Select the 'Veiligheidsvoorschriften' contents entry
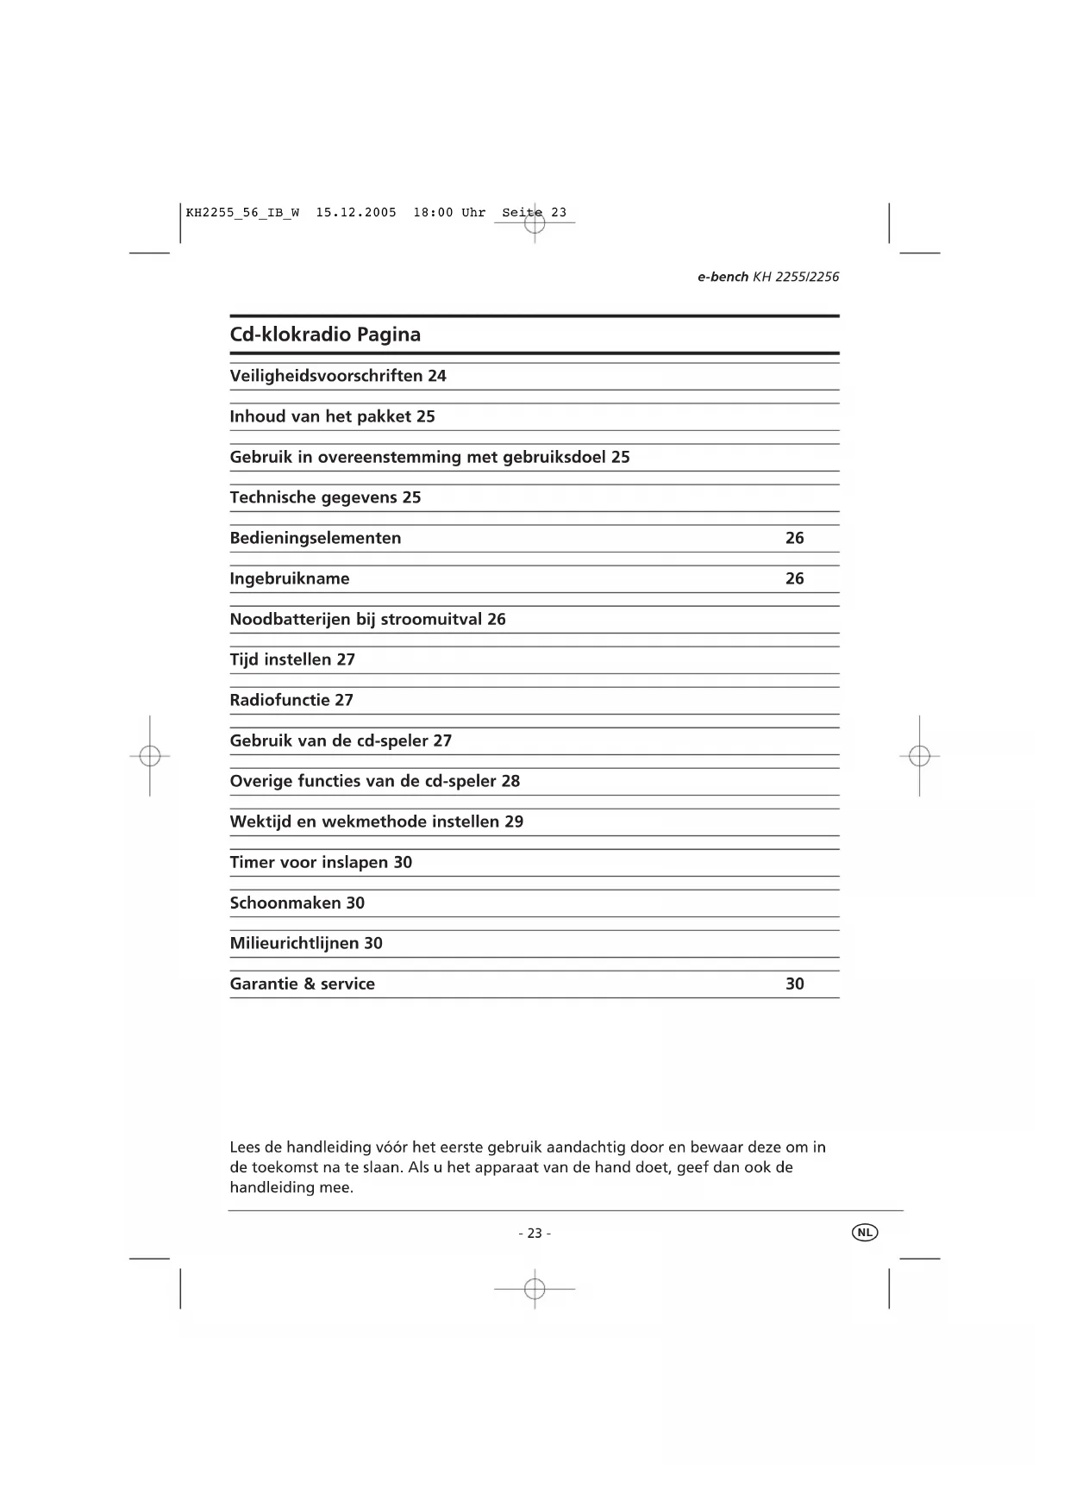click(x=326, y=376)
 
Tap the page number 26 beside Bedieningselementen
click(x=794, y=538)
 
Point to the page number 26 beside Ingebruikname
click(x=794, y=578)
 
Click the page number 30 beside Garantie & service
click(x=794, y=984)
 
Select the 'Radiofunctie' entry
click(x=279, y=700)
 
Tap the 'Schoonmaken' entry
click(x=285, y=903)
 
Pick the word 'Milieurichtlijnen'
click(x=294, y=943)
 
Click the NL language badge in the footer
click(x=864, y=1233)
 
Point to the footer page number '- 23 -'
click(x=535, y=1234)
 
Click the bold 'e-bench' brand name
click(x=723, y=277)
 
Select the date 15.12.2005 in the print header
click(x=356, y=212)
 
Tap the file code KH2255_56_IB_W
click(x=242, y=212)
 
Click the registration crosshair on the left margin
click(x=150, y=756)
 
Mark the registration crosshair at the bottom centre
click(x=535, y=1289)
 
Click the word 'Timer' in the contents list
click(x=252, y=862)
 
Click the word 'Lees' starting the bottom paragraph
click(x=245, y=1147)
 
